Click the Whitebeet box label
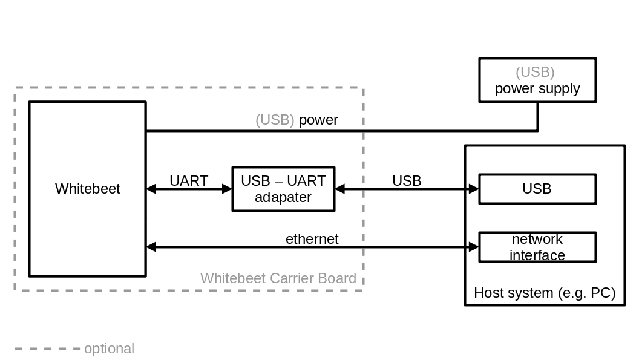[88, 189]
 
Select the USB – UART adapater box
[283, 189]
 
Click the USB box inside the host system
[537, 189]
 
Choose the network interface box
[537, 247]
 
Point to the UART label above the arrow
[189, 181]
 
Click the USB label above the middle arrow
[407, 181]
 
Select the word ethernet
[312, 239]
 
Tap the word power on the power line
[318, 120]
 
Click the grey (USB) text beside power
[275, 120]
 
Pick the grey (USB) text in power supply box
[535, 72]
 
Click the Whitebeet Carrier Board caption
[278, 278]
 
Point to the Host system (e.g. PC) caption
[545, 293]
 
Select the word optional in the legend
[109, 349]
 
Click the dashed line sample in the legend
[47, 349]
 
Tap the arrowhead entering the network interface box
[474, 247]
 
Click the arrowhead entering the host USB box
[474, 189]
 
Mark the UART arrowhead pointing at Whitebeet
[151, 189]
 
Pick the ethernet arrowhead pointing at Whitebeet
[151, 247]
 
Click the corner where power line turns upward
[537, 130]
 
